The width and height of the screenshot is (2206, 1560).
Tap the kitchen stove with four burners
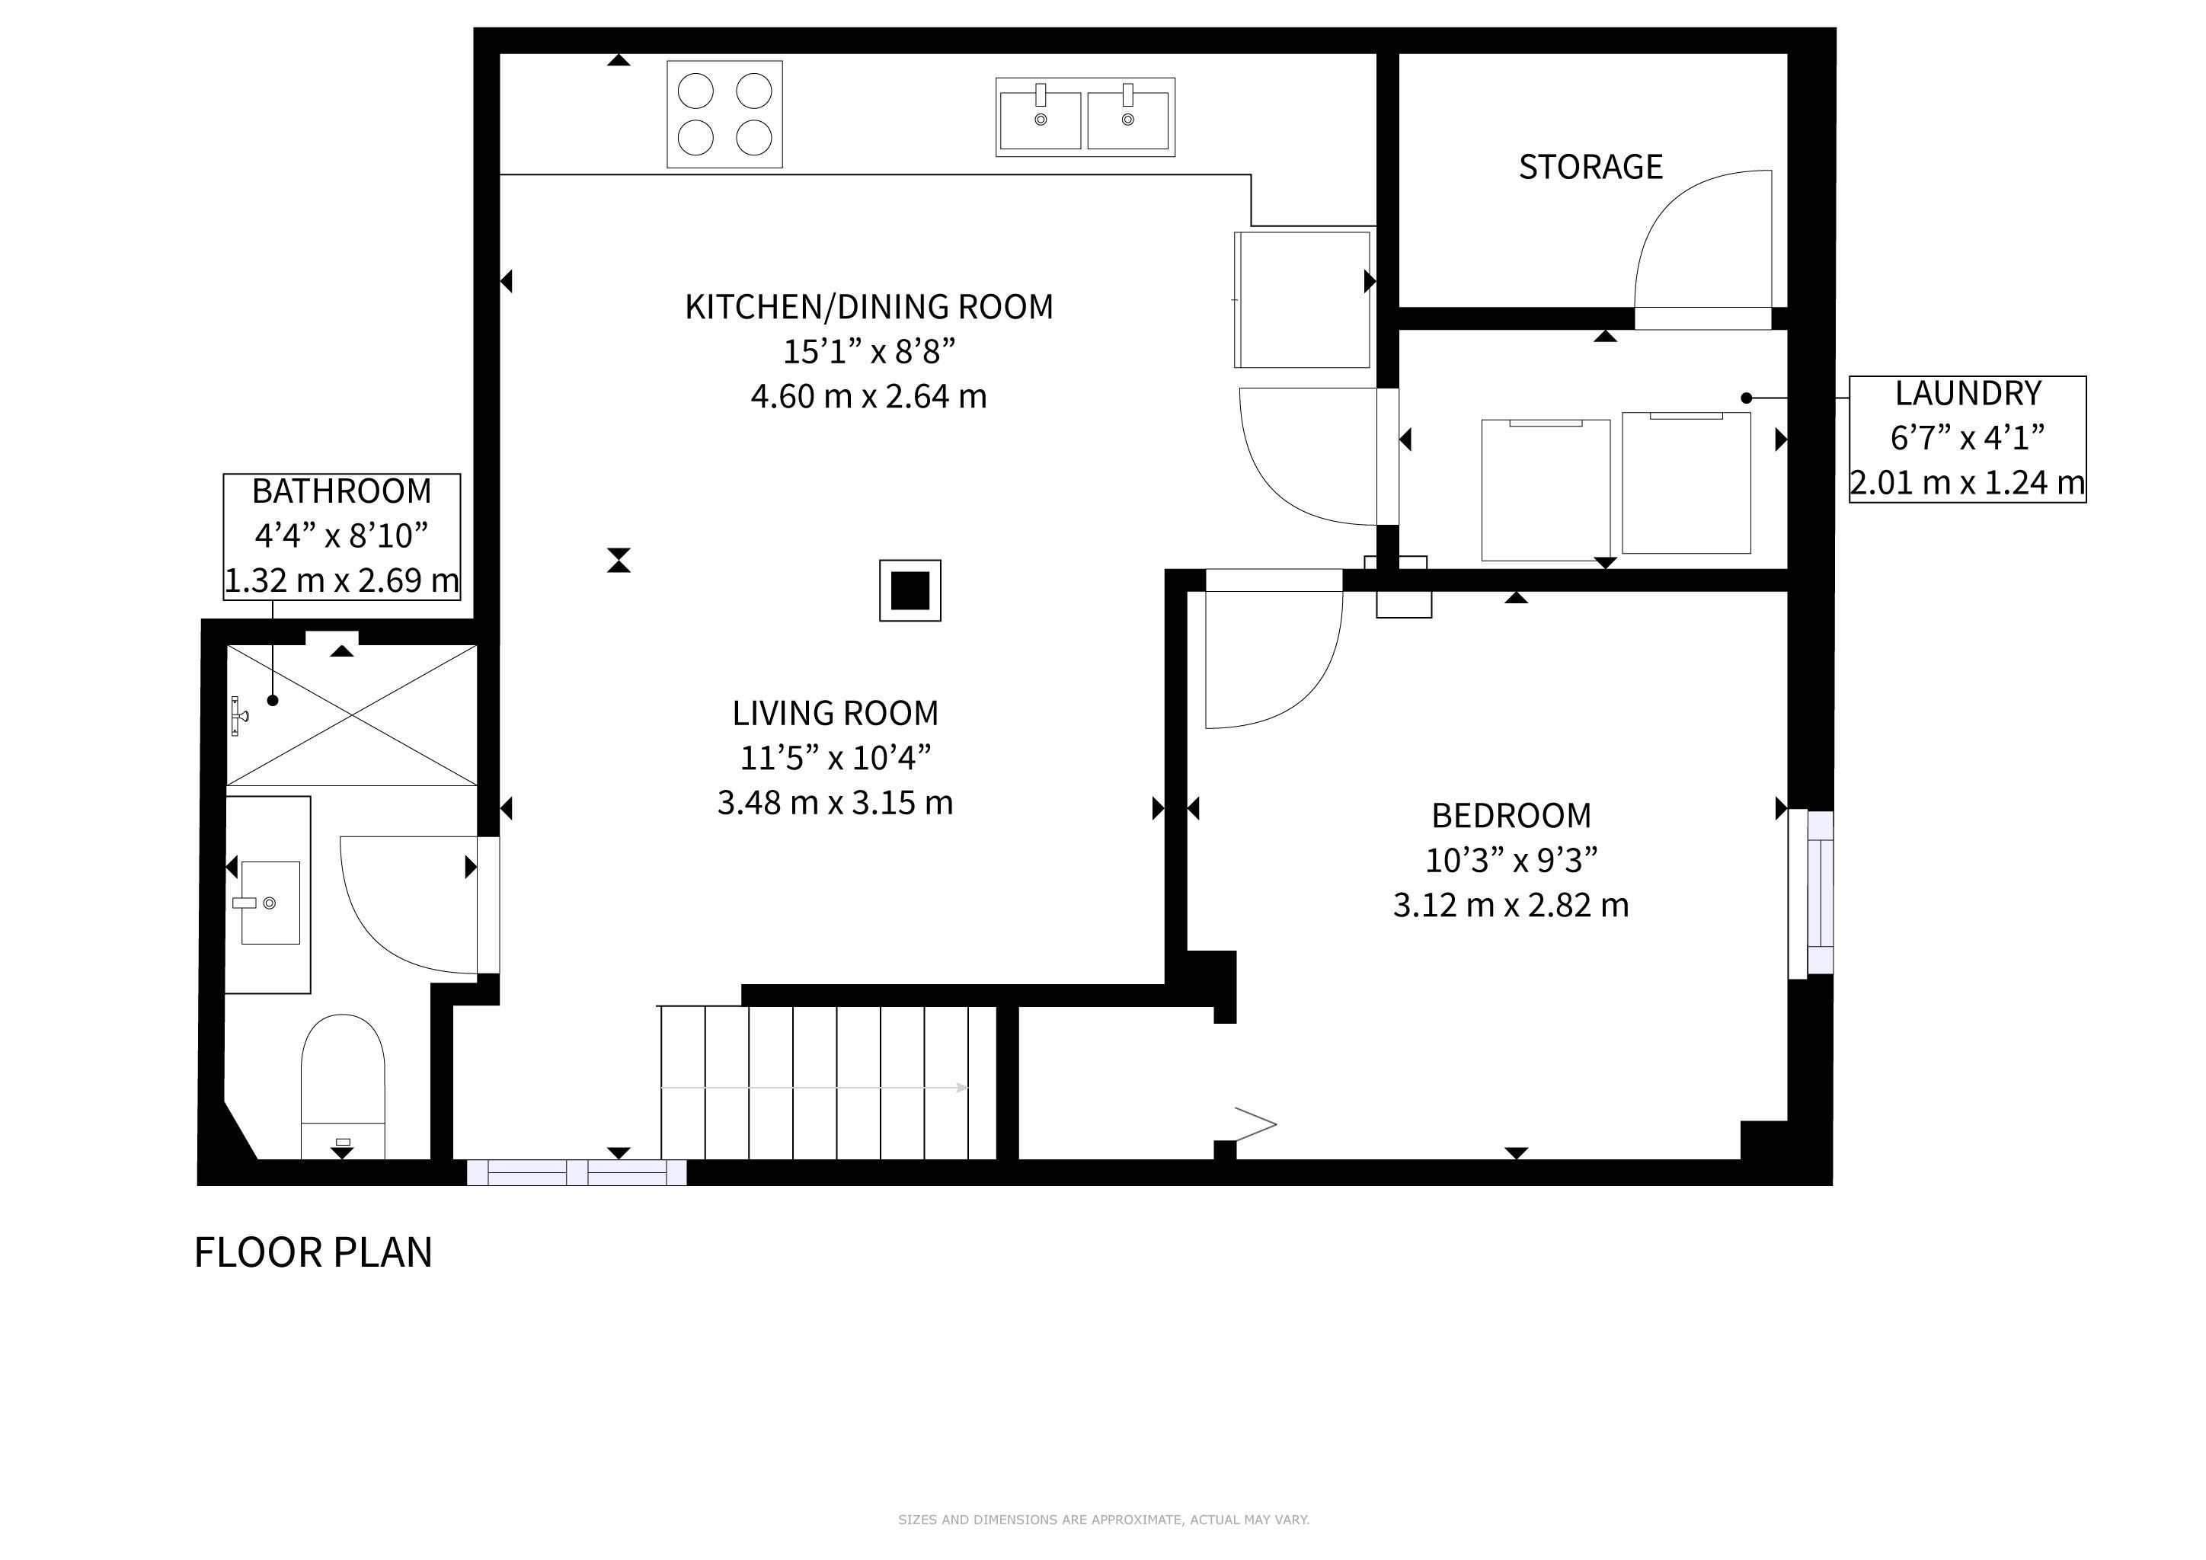pyautogui.click(x=724, y=114)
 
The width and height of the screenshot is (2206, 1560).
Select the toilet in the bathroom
pyautogui.click(x=343, y=1086)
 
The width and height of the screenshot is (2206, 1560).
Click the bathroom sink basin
pyautogui.click(x=270, y=903)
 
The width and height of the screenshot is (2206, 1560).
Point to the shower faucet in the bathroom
pyautogui.click(x=239, y=717)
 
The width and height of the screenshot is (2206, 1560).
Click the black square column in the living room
pyautogui.click(x=910, y=591)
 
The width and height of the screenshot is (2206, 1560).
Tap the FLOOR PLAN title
pyautogui.click(x=313, y=1252)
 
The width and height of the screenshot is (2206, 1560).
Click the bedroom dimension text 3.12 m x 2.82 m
pyautogui.click(x=1511, y=905)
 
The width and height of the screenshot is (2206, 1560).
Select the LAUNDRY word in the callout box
pyautogui.click(x=1968, y=393)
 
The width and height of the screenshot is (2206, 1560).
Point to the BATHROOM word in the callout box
pyautogui.click(x=342, y=491)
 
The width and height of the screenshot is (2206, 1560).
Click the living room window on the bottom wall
pyautogui.click(x=577, y=1172)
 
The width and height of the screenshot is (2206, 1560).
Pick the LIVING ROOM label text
pyautogui.click(x=835, y=714)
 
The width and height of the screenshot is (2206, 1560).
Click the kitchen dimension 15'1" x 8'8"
pyautogui.click(x=869, y=352)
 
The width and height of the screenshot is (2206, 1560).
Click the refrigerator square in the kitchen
pyautogui.click(x=1302, y=299)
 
